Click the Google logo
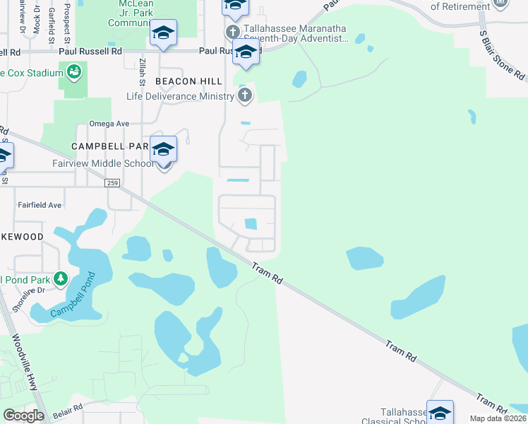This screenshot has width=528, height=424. [23, 416]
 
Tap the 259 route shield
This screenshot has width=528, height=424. [112, 183]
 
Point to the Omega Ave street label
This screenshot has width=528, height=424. [109, 124]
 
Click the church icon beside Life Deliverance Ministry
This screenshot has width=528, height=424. [245, 96]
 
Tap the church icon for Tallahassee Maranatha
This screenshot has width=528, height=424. [233, 32]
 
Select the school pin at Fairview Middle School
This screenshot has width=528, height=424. [163, 151]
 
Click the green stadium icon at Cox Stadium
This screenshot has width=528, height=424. [73, 72]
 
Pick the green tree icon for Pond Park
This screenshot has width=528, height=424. [61, 278]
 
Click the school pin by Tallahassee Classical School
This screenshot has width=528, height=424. [440, 413]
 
